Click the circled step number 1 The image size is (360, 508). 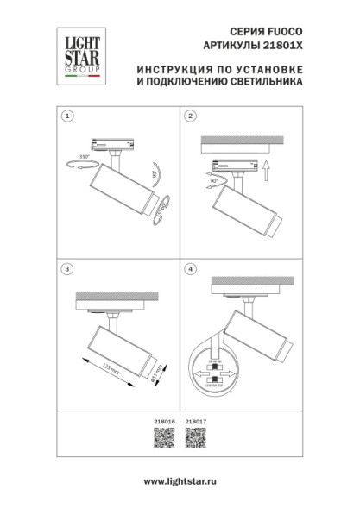[67, 115]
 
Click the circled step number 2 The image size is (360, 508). [192, 115]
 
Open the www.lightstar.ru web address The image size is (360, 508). [180, 480]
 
